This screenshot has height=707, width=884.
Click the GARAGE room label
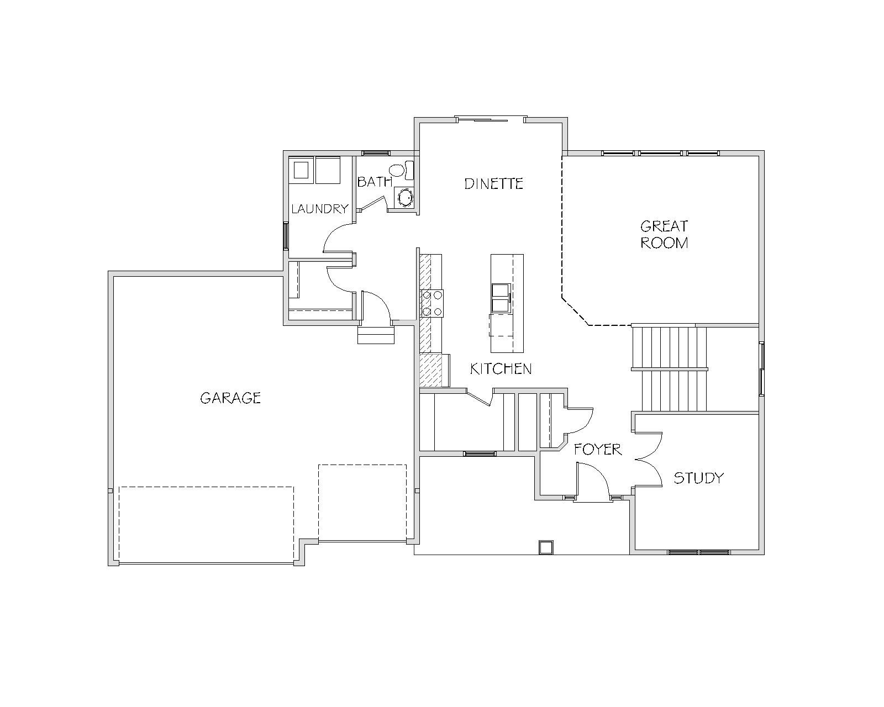point(230,398)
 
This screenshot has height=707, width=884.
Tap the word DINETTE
point(494,183)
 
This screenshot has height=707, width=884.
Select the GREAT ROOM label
point(664,235)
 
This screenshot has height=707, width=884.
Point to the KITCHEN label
point(501,369)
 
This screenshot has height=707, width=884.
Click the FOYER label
point(598,450)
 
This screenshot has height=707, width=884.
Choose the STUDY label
point(699,478)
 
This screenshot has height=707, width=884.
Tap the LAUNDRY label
point(320,209)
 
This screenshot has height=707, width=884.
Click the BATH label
point(375,182)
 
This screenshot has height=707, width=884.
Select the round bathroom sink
point(404,198)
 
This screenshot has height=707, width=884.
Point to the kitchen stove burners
point(432,304)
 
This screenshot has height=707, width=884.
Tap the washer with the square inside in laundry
point(301,170)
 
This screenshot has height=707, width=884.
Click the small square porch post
point(546,547)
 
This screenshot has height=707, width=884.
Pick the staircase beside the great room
point(670,368)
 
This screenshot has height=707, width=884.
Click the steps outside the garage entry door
point(376,335)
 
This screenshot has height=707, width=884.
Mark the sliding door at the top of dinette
point(491,119)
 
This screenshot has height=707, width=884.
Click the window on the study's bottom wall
point(699,552)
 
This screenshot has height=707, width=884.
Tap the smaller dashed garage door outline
point(362,503)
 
